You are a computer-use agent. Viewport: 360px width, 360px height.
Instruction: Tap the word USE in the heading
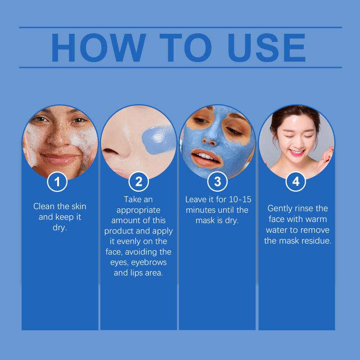[266, 48]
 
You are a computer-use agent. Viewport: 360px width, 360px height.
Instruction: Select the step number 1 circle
[57, 182]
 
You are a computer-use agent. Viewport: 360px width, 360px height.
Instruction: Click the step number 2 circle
[139, 181]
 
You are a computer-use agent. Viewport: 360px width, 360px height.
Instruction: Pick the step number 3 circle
[217, 181]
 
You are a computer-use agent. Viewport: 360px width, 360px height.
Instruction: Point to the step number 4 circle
[296, 181]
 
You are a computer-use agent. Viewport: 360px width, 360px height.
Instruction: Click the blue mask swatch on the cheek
[158, 139]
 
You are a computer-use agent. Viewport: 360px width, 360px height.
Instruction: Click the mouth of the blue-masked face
[206, 158]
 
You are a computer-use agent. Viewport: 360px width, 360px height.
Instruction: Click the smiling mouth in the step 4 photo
[297, 152]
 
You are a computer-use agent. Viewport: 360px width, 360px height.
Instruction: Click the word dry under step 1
[60, 228]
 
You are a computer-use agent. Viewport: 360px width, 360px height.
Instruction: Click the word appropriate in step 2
[139, 210]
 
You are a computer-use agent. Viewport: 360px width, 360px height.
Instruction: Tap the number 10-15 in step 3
[240, 199]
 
